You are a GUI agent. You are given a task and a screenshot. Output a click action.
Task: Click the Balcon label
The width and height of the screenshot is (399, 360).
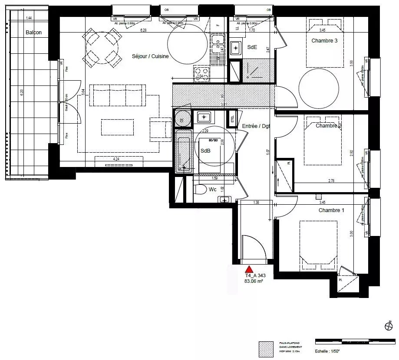(34, 33)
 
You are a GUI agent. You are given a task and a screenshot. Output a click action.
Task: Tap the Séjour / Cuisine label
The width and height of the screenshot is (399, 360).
(150, 56)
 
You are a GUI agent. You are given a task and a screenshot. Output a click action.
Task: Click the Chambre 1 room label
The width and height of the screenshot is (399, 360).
(331, 210)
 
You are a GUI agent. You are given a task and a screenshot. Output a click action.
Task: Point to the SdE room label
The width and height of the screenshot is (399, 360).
(252, 47)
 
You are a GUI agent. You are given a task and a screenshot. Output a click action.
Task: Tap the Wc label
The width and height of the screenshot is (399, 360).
(213, 190)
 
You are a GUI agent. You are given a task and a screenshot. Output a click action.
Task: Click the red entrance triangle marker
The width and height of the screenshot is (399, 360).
(249, 269)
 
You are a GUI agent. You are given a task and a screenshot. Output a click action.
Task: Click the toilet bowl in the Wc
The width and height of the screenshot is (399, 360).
(200, 190)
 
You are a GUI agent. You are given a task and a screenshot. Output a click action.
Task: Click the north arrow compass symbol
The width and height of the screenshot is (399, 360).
(388, 326)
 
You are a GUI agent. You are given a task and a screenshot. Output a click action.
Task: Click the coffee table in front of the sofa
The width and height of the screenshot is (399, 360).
(117, 127)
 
